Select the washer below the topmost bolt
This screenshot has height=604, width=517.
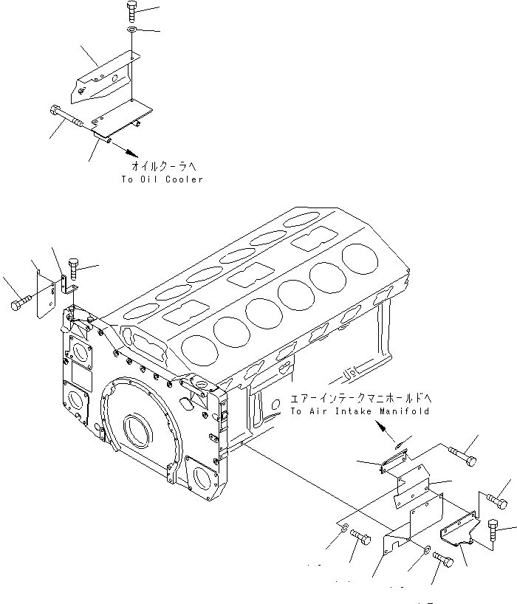pyautogui.click(x=130, y=30)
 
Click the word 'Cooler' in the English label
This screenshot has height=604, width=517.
pyautogui.click(x=185, y=179)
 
